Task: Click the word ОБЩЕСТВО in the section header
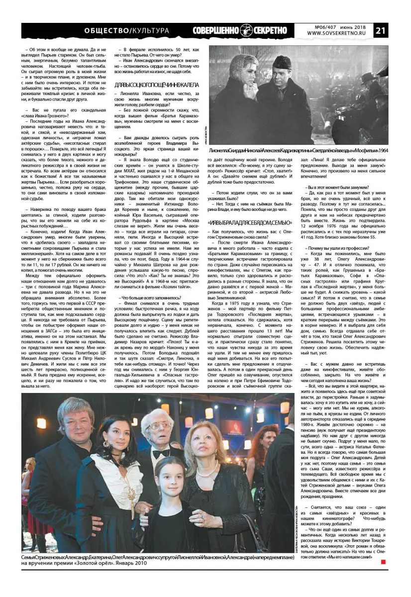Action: tap(107, 30)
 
